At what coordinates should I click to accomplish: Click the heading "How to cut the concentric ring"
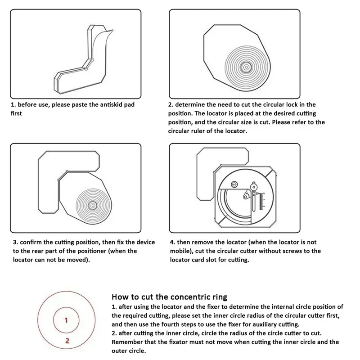(169, 297)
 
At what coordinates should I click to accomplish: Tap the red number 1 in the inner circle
(66, 321)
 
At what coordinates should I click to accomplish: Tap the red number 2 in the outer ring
(67, 341)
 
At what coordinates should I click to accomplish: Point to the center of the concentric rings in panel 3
(93, 205)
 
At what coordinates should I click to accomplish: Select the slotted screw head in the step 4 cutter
(234, 184)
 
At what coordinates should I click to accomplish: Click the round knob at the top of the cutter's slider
(254, 185)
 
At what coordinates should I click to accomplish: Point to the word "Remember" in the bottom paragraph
(127, 342)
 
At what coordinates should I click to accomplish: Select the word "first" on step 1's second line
(16, 113)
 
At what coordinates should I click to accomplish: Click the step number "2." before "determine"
(171, 105)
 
